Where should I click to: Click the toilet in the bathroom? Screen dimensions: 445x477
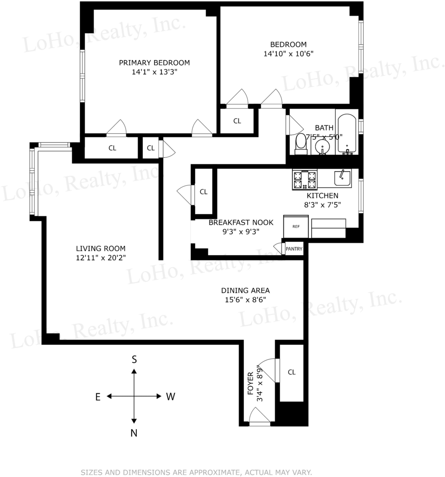[301, 144]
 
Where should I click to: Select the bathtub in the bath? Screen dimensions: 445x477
[347, 134]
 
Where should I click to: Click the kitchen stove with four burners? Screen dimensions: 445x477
[304, 180]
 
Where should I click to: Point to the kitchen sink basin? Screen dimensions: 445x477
[343, 178]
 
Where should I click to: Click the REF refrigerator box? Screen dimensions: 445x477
[296, 227]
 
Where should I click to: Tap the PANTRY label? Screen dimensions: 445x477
[294, 249]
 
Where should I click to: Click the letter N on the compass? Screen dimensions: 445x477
[134, 433]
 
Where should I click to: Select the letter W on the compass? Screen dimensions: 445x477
[170, 397]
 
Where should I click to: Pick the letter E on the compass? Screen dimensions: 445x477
[98, 397]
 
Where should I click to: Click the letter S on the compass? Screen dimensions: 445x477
[134, 360]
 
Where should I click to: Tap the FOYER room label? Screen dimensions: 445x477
[250, 383]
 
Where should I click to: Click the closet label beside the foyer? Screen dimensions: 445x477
[292, 372]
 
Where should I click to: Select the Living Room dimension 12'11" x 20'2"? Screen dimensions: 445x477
[101, 258]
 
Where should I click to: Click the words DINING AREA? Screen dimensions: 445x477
[245, 291]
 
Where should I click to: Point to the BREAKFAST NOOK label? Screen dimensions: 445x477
[241, 222]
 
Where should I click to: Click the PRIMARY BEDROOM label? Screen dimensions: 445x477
[155, 63]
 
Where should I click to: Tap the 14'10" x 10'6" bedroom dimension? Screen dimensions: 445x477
[289, 54]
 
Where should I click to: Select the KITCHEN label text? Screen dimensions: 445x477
[323, 196]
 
